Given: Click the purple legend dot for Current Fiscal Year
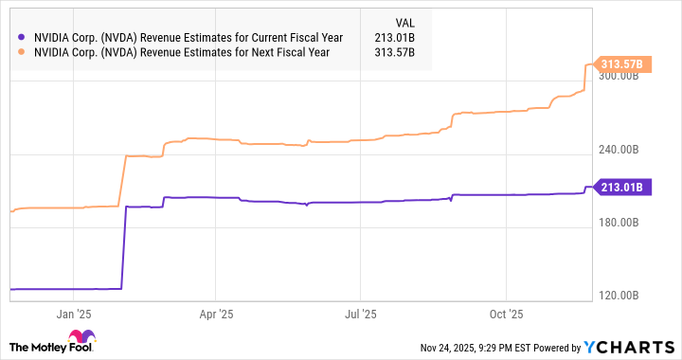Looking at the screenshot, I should (x=20, y=37).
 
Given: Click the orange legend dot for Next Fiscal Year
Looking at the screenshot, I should (x=20, y=52).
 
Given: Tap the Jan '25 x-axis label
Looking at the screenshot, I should (x=72, y=313).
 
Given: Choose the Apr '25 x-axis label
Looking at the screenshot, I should (x=217, y=313).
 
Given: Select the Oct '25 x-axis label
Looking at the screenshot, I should (x=508, y=313).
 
